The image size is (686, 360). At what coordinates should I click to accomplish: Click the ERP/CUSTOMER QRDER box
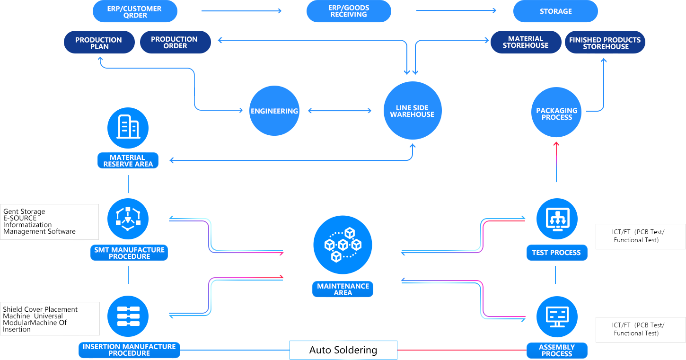click(x=135, y=12)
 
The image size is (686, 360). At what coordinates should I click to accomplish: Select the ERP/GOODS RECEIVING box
click(x=349, y=11)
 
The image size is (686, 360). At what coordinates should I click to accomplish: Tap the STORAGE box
click(x=555, y=11)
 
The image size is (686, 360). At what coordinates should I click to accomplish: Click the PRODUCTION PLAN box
click(x=98, y=43)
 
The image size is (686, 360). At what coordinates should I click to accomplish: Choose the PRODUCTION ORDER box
click(x=175, y=43)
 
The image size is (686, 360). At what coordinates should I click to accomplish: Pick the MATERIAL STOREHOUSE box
click(x=525, y=42)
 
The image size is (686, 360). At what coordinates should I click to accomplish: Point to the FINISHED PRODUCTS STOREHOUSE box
click(x=605, y=43)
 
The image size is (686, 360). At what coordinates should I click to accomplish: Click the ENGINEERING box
click(x=274, y=111)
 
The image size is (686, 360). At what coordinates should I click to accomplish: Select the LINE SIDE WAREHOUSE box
click(x=412, y=111)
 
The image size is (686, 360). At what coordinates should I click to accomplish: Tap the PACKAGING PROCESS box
click(x=556, y=113)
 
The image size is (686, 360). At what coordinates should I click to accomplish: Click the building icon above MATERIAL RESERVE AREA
click(x=128, y=128)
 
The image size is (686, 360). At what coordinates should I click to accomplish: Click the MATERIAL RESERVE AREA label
click(x=128, y=161)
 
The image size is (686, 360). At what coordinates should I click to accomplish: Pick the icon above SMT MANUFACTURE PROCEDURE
click(x=128, y=219)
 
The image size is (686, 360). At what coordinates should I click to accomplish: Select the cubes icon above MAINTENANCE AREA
click(x=343, y=245)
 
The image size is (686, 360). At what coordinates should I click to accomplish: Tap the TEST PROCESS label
click(x=556, y=253)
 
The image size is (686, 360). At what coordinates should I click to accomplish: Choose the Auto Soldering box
click(x=343, y=350)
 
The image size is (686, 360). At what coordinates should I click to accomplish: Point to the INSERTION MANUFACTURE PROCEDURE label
click(x=129, y=350)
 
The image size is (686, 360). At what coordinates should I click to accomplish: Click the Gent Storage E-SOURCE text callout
click(x=50, y=222)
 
